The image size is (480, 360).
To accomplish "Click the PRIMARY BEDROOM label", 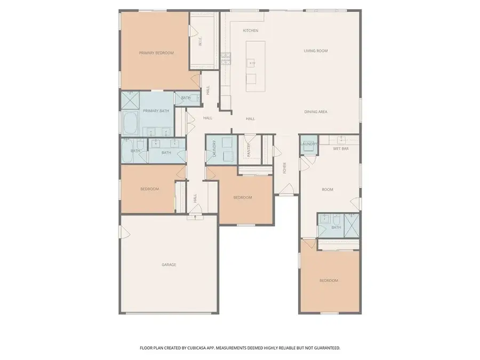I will (x=156, y=53).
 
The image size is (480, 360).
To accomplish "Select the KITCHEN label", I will (x=250, y=30).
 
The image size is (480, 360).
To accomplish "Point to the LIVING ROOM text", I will (x=315, y=51).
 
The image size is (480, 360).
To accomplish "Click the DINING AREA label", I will (x=315, y=112).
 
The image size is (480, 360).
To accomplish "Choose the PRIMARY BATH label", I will (x=156, y=111).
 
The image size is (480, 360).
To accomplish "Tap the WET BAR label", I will (x=341, y=149).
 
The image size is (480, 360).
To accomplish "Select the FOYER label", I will (x=284, y=167).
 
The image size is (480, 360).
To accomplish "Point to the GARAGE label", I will (x=169, y=265).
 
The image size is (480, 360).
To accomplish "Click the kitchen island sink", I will (x=251, y=63).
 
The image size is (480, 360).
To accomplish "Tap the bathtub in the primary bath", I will (x=130, y=123).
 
